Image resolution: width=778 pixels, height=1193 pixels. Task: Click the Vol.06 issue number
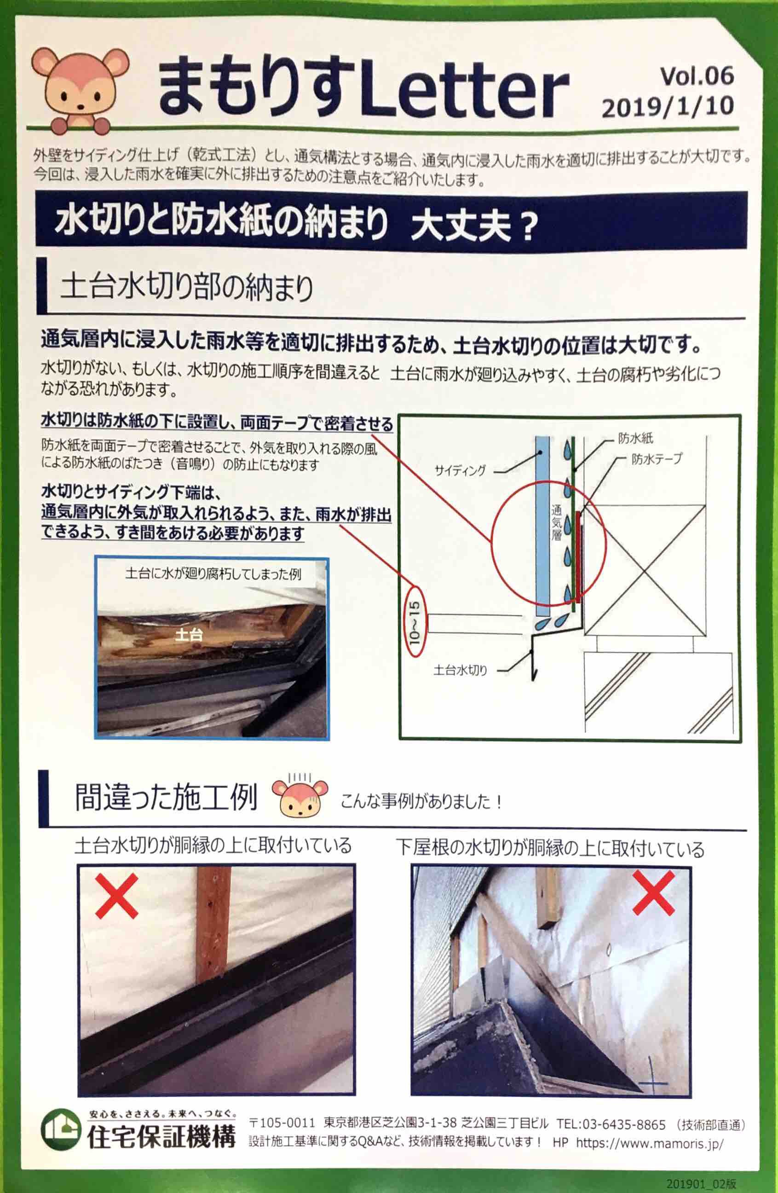pos(697,75)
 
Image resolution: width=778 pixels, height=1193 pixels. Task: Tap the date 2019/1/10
pos(668,107)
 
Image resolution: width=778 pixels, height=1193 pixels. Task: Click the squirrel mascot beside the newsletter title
pos(80,89)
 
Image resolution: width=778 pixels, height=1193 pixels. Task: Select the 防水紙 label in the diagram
pos(635,439)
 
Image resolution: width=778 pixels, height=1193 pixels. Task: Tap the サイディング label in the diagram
pos(460,470)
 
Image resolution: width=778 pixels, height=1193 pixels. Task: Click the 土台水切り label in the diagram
pos(460,670)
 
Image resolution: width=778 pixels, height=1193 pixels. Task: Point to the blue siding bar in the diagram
pos(542,527)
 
